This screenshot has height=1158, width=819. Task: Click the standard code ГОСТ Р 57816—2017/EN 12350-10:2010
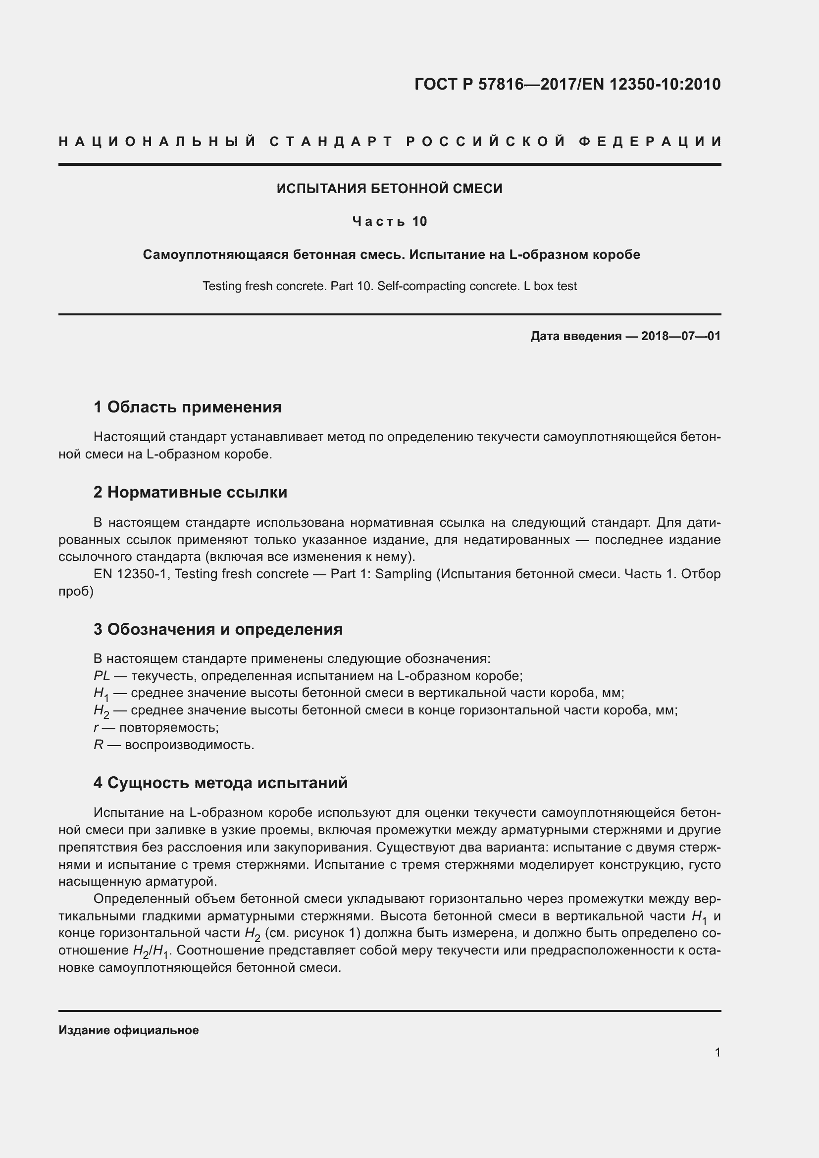point(567,84)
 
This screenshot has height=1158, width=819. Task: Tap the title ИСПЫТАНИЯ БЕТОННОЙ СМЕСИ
point(389,189)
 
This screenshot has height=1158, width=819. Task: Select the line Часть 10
point(389,221)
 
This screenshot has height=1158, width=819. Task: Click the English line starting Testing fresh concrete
point(389,286)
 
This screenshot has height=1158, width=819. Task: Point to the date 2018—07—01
point(681,336)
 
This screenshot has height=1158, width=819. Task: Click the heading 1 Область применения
point(188,407)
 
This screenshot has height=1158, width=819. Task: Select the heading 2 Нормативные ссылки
point(190,492)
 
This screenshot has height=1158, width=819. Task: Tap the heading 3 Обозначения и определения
point(218,629)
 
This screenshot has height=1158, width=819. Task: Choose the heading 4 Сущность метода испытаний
point(220,783)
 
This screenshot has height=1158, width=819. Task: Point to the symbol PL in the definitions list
point(102,676)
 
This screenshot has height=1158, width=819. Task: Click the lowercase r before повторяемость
point(96,728)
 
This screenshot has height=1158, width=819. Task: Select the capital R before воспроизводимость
point(99,745)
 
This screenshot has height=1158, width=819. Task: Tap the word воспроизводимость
point(189,745)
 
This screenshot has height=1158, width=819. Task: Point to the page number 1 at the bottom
point(717,1053)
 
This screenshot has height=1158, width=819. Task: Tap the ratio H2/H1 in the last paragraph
point(152,951)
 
